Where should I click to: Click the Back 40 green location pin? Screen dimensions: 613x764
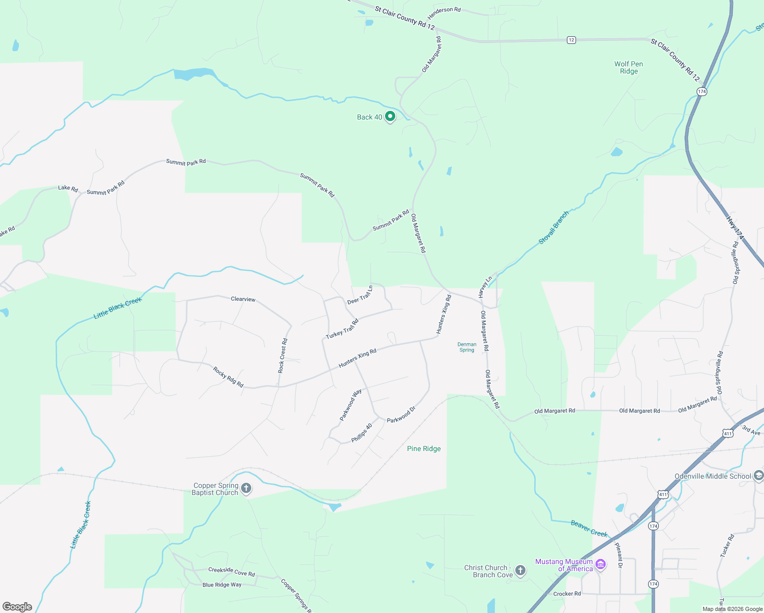pyautogui.click(x=390, y=116)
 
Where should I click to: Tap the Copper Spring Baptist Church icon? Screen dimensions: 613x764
pyautogui.click(x=246, y=488)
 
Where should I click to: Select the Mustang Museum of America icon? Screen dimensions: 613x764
pyautogui.click(x=601, y=564)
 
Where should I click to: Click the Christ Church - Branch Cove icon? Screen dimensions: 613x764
pyautogui.click(x=520, y=571)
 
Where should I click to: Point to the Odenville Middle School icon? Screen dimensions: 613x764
pyautogui.click(x=758, y=476)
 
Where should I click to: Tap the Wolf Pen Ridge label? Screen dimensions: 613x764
pyautogui.click(x=629, y=67)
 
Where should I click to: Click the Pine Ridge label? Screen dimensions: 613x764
pyautogui.click(x=424, y=449)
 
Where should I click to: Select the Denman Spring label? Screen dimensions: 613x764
pyautogui.click(x=467, y=347)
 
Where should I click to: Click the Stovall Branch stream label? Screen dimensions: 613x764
pyautogui.click(x=554, y=227)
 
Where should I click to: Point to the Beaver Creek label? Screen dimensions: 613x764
pyautogui.click(x=589, y=529)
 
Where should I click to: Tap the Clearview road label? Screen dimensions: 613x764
pyautogui.click(x=243, y=299)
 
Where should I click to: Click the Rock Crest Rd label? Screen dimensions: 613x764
pyautogui.click(x=282, y=356)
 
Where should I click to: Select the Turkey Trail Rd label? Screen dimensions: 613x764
pyautogui.click(x=342, y=329)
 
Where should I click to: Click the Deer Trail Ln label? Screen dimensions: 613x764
pyautogui.click(x=360, y=295)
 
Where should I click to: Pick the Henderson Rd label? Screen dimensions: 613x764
pyautogui.click(x=444, y=10)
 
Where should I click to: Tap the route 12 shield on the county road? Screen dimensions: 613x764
pyautogui.click(x=571, y=40)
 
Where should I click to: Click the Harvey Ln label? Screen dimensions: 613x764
pyautogui.click(x=485, y=287)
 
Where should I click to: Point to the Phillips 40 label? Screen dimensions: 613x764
pyautogui.click(x=362, y=433)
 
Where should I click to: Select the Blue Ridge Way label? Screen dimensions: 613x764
pyautogui.click(x=222, y=585)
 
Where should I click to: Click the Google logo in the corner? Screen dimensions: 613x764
pyautogui.click(x=17, y=607)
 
